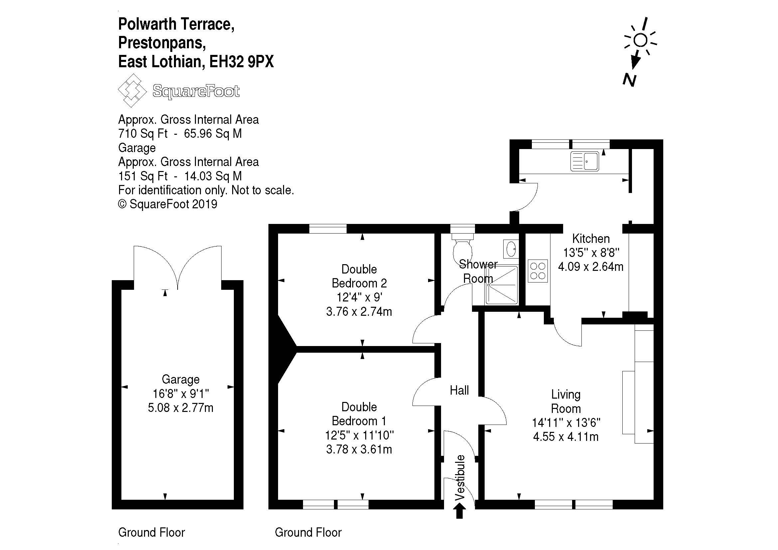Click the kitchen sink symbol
coord(584,161)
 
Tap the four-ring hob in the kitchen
coord(538,271)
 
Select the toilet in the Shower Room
coord(463,249)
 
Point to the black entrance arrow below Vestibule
coord(459,510)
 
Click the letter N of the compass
coord(629,80)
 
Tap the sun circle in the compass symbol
coord(640,41)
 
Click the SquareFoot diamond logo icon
coord(132,91)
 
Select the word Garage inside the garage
coord(180,379)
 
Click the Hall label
coord(459,390)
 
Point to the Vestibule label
coord(460,477)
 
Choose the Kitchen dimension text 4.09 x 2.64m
coord(591,267)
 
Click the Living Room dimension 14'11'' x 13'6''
coord(566,423)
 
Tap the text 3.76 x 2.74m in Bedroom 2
coord(359,311)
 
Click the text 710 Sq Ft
coord(143,134)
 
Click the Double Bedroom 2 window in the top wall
coord(328,229)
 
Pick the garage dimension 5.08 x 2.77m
coord(180,408)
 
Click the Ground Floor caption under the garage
coord(151,532)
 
